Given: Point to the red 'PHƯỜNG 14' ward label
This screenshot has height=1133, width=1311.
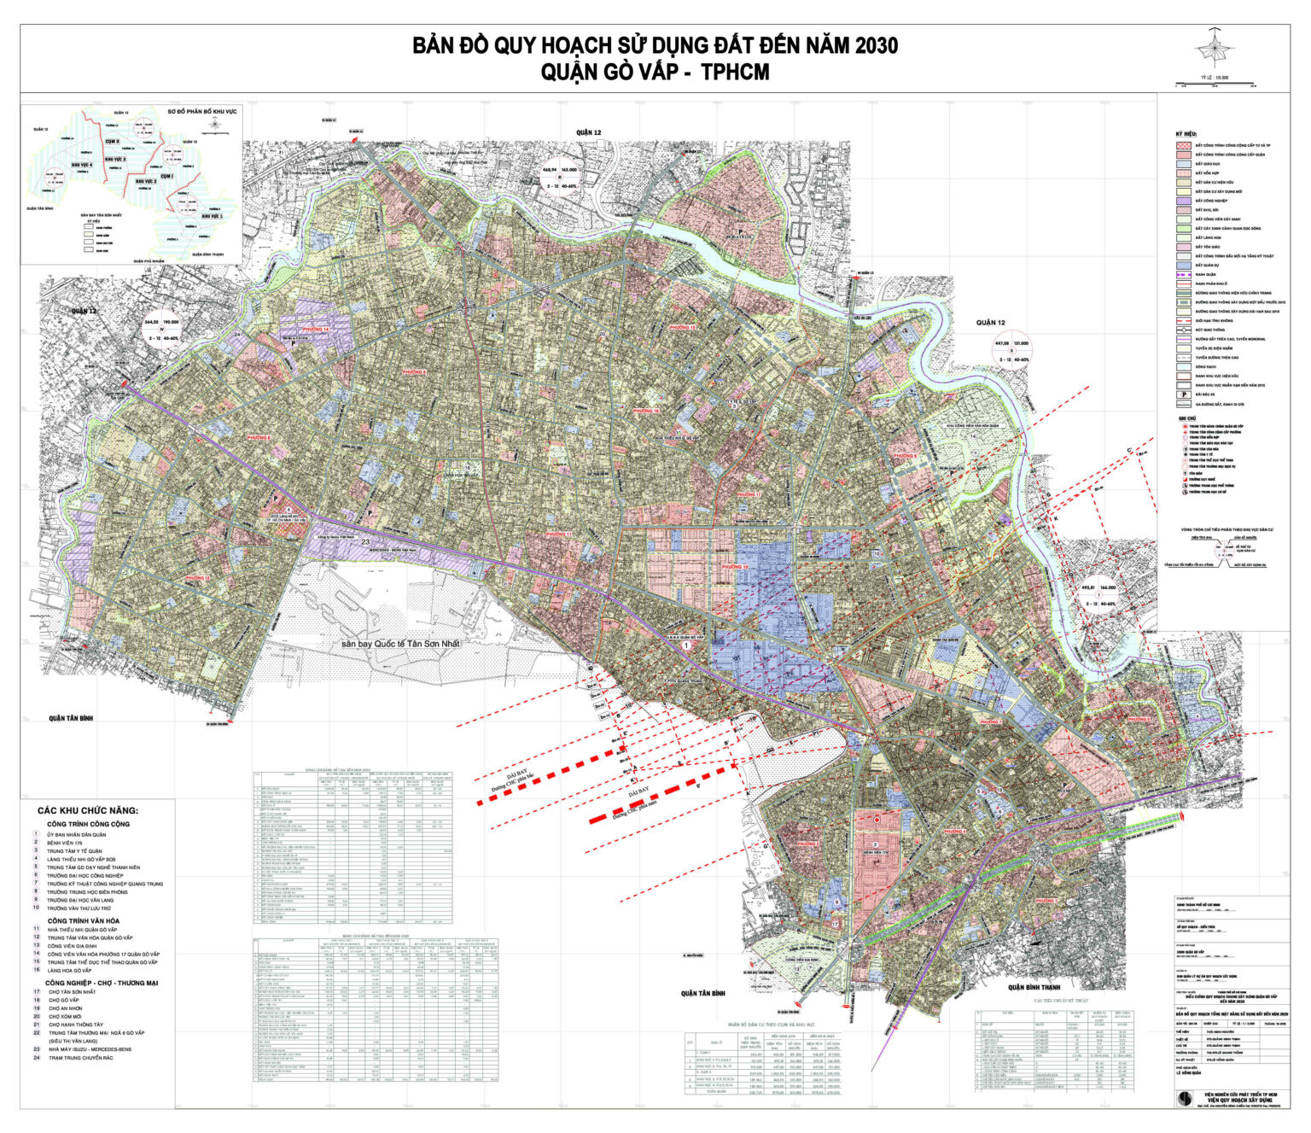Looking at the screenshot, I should (x=315, y=329).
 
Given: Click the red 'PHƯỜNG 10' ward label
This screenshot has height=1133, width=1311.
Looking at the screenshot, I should (x=733, y=567).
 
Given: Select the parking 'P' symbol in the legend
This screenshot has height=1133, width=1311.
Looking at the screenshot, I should (x=1183, y=394).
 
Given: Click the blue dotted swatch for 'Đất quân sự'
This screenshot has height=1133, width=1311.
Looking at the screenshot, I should (x=1183, y=266).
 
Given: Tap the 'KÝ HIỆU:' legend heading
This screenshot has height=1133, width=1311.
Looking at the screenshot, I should (x=1186, y=134).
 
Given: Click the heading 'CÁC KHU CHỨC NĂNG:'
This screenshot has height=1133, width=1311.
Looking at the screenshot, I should (x=88, y=810).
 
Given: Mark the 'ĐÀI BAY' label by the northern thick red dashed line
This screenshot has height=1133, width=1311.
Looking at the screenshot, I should (x=517, y=767).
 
